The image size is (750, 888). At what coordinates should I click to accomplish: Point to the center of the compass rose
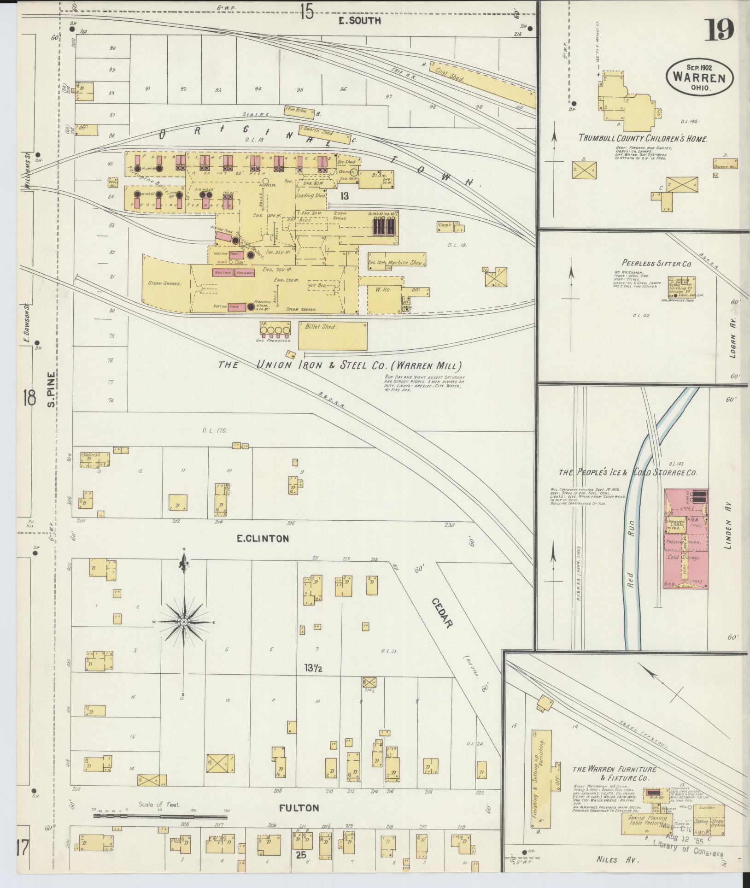184,622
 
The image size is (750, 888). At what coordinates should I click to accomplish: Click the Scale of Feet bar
161,815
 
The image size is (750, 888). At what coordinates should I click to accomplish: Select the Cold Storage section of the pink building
684,557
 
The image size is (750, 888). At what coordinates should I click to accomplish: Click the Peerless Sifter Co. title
657,264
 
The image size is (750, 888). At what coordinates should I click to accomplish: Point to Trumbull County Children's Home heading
643,138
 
